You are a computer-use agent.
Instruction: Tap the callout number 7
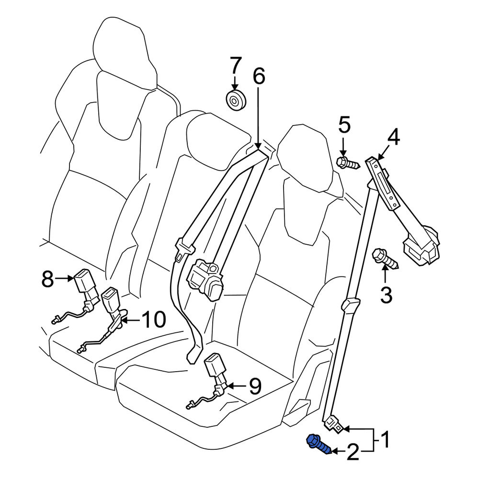pyautogui.click(x=236, y=65)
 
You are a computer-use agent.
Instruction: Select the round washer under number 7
pyautogui.click(x=236, y=100)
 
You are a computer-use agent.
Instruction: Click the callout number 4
pyautogui.click(x=394, y=137)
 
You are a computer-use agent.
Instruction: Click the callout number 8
pyautogui.click(x=47, y=278)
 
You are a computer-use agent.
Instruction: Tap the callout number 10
pyautogui.click(x=154, y=319)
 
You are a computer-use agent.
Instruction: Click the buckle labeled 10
pyautogui.click(x=105, y=318)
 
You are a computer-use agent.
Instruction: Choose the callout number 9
pyautogui.click(x=255, y=386)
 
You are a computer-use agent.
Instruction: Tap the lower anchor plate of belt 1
pyautogui.click(x=333, y=424)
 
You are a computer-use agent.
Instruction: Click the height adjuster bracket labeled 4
pyautogui.click(x=383, y=183)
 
